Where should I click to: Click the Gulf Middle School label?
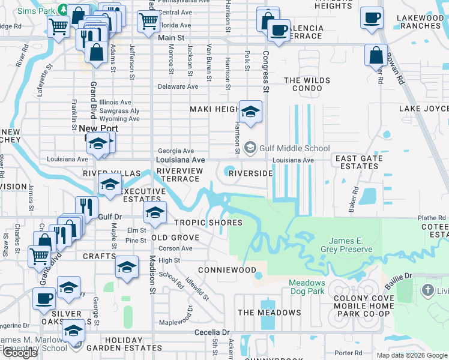point(294,148)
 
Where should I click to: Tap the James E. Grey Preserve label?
point(345,245)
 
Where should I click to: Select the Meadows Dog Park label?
point(307,287)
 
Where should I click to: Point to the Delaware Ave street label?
point(178,86)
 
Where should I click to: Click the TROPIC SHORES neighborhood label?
point(208,223)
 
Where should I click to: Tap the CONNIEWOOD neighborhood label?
point(231,270)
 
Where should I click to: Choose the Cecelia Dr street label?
point(212,332)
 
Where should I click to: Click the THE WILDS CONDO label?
point(307,85)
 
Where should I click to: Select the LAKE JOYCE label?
point(424,109)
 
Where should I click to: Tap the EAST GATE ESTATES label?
point(359,163)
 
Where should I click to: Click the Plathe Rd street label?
point(432,218)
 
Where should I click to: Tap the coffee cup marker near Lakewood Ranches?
point(372,17)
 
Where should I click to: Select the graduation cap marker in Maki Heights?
point(250,112)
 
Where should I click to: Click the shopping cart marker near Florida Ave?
point(148,21)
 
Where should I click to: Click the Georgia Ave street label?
point(175,151)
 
